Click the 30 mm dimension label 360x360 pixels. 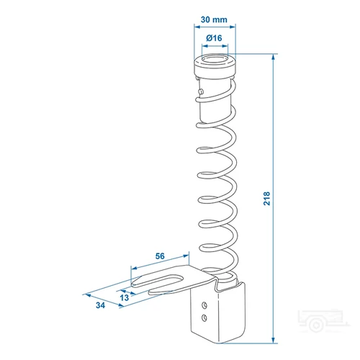tap(214, 19)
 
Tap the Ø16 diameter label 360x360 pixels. tap(214, 38)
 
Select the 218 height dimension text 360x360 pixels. tap(266, 198)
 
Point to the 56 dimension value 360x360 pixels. tap(160, 256)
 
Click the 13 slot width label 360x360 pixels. tap(125, 297)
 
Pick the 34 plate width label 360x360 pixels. tap(100, 305)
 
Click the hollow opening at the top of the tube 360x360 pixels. tap(215, 59)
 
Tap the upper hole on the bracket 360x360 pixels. tap(204, 305)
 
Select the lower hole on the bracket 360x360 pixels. tap(204, 318)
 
